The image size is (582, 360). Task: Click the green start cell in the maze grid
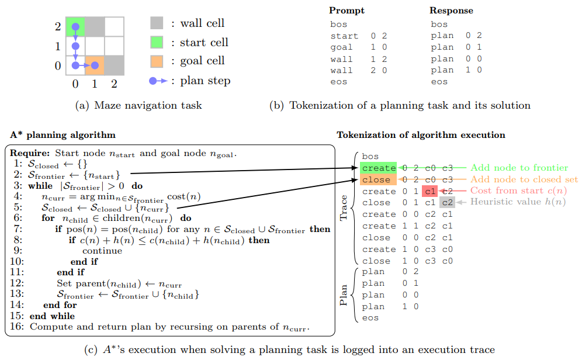tap(75, 26)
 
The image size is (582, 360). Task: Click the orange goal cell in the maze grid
tap(95, 65)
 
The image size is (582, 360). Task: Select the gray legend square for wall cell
tap(156, 23)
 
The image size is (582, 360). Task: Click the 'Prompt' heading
tap(347, 11)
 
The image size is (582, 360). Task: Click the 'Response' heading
tap(451, 11)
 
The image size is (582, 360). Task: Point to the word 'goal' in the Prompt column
tap(341, 47)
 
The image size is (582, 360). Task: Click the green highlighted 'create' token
tap(379, 168)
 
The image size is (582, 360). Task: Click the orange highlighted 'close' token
tap(376, 180)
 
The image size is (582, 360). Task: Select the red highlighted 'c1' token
tap(429, 191)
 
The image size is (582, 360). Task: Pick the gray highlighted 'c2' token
tap(447, 203)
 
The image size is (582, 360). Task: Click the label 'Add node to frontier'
tap(519, 168)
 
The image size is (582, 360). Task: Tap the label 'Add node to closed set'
tap(524, 179)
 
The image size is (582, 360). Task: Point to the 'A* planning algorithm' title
tap(63, 135)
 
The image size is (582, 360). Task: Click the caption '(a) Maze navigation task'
tap(138, 106)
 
